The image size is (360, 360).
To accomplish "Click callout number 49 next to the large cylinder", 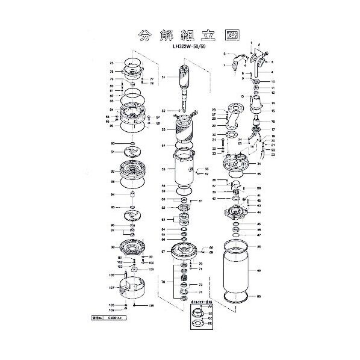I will click(258, 272).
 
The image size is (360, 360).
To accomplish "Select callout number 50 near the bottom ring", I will click(258, 297).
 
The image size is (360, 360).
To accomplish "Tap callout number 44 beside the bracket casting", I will click(258, 213).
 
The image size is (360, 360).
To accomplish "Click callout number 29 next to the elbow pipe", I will click(214, 124).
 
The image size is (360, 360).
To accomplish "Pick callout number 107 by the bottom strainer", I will click(111, 288).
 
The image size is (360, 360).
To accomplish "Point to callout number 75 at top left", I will click(111, 63).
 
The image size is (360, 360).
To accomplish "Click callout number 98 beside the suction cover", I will click(111, 247).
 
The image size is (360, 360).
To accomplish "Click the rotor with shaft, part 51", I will click(182, 84).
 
